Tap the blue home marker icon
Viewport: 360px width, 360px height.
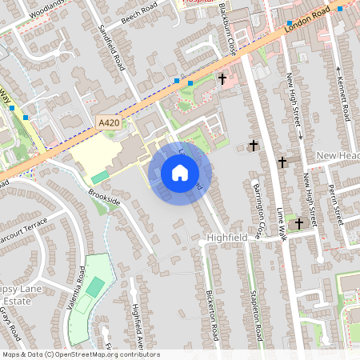[180, 173]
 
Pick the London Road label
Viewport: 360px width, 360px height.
[306, 24]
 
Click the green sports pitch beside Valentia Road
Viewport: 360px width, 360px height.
[94, 286]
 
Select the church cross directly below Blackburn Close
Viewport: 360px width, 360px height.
[222, 79]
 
